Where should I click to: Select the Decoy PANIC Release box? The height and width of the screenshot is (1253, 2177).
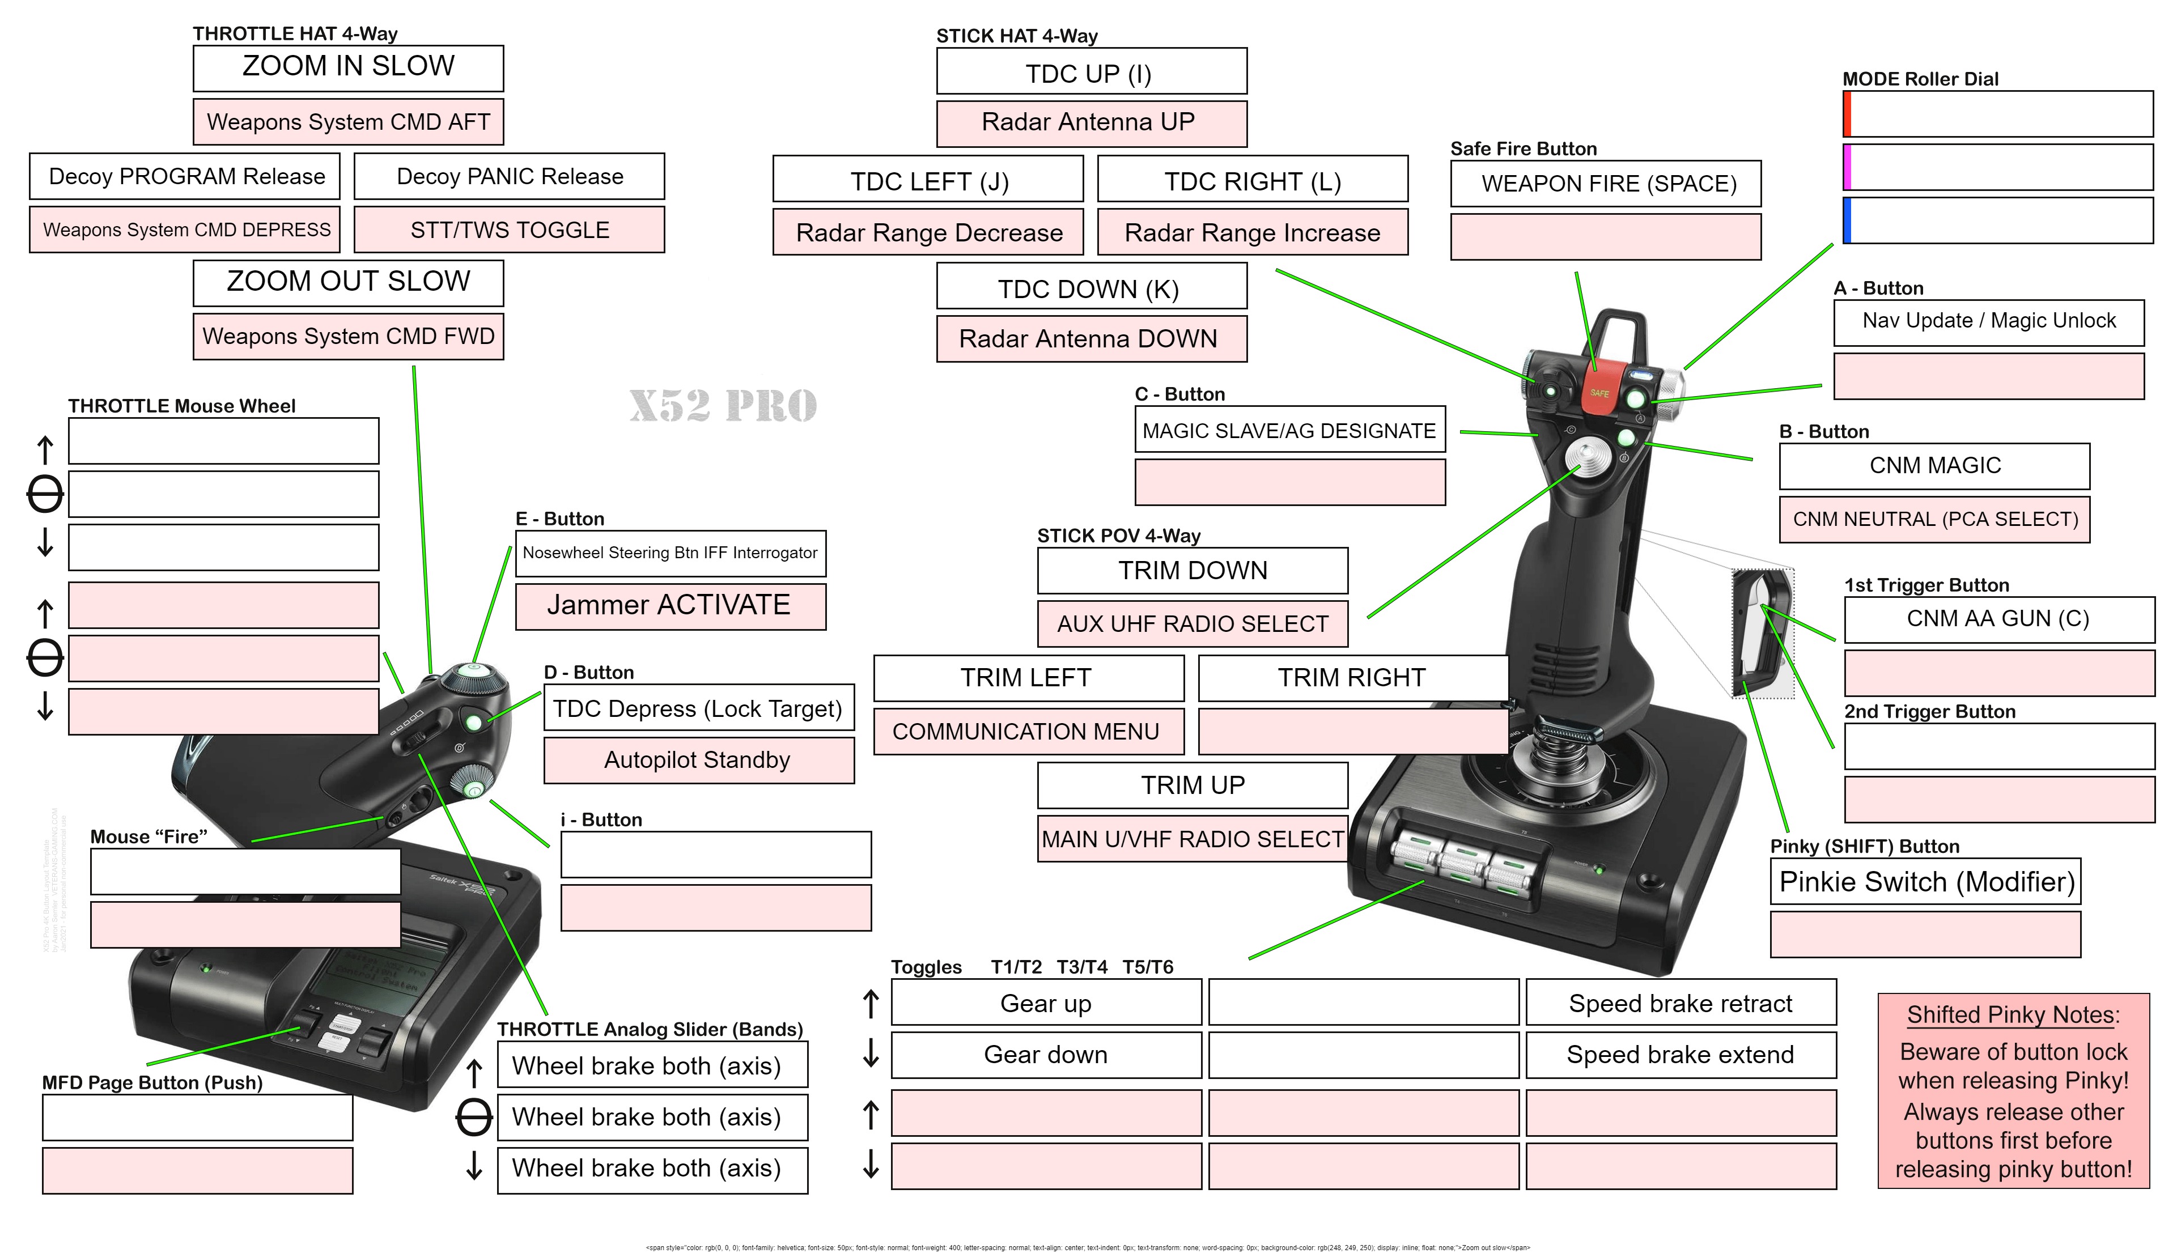pos(510,176)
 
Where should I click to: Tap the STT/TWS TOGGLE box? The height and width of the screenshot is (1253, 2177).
pos(510,230)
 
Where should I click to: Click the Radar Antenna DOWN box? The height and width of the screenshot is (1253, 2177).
pos(1090,339)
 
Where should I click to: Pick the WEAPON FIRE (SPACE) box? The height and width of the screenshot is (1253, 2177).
pos(1606,183)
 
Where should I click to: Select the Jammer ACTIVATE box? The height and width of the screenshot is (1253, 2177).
pos(669,606)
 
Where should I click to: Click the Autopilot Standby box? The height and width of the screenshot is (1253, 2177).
pos(698,760)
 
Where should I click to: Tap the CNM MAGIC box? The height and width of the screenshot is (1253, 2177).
pos(1934,466)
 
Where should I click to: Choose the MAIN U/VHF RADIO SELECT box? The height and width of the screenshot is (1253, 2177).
pos(1193,839)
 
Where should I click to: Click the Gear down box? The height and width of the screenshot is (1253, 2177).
pos(1046,1055)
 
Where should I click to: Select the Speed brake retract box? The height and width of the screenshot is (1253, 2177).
pos(1681,1004)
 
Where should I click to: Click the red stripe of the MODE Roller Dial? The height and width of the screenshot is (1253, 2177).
pos(1847,113)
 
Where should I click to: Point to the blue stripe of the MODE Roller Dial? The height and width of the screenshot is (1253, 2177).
pos(1847,221)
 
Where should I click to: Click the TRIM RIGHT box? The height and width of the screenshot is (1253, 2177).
pos(1352,678)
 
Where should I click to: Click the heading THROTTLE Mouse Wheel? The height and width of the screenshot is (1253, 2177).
pos(181,406)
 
